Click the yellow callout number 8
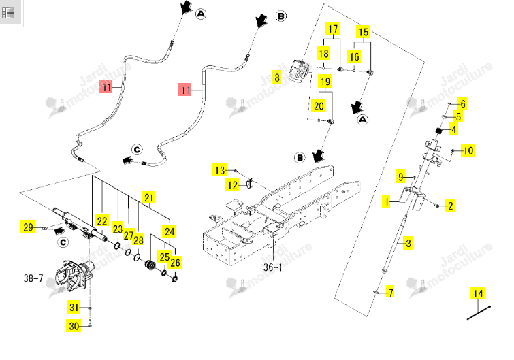pyautogui.click(x=277, y=78)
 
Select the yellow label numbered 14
pyautogui.click(x=479, y=293)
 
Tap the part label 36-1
pyautogui.click(x=273, y=267)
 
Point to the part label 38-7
pyautogui.click(x=33, y=278)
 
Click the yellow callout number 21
pyautogui.click(x=149, y=197)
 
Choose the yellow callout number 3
pyautogui.click(x=408, y=243)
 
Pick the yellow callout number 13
pyautogui.click(x=220, y=170)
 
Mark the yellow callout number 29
pyautogui.click(x=28, y=227)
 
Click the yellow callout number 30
pyautogui.click(x=74, y=326)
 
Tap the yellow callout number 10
pyautogui.click(x=468, y=150)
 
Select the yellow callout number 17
pyautogui.click(x=333, y=29)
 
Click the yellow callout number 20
pyautogui.click(x=319, y=106)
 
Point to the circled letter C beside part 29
pyautogui.click(x=63, y=242)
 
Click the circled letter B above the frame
pyautogui.click(x=300, y=158)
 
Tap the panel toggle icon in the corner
pyautogui.click(x=8, y=13)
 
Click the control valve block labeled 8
pyautogui.click(x=300, y=70)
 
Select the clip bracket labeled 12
pyautogui.click(x=250, y=184)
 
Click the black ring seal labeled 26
pyautogui.click(x=174, y=279)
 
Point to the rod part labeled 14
pyautogui.click(x=479, y=312)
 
